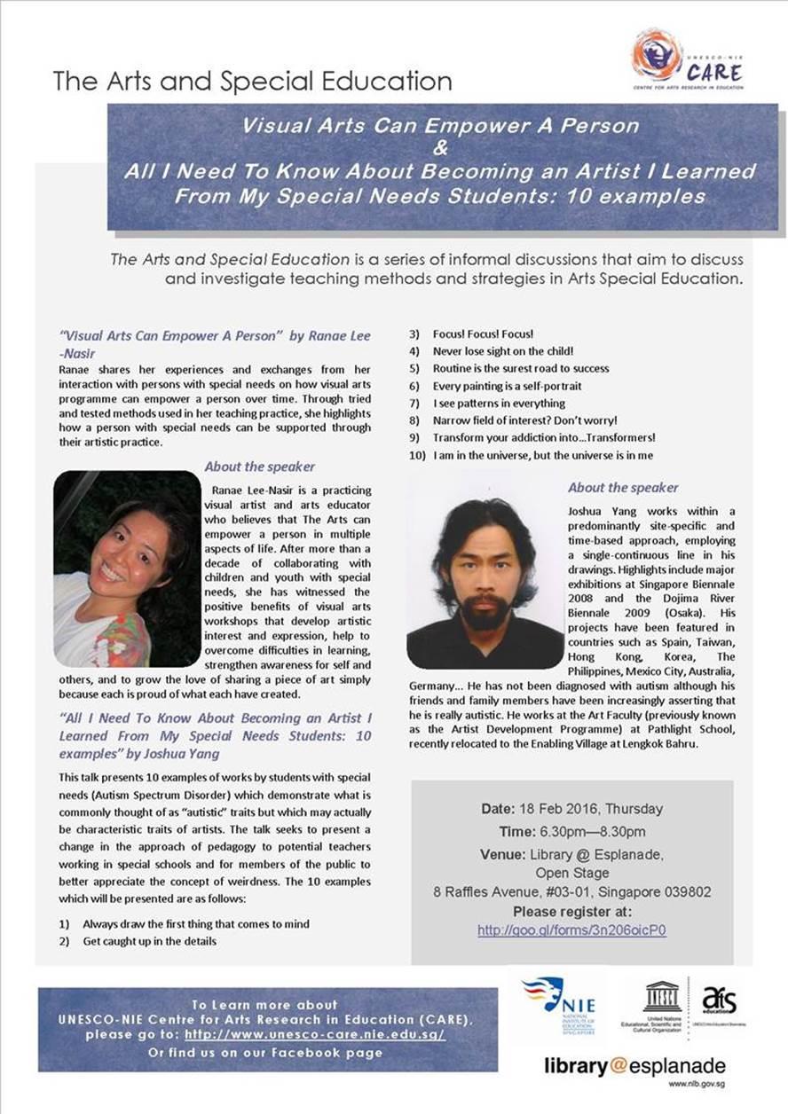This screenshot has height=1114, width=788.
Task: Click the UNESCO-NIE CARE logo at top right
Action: coord(687,59)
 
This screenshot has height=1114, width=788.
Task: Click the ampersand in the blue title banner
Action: coord(440,148)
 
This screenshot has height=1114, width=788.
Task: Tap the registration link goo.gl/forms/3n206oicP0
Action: coord(571,930)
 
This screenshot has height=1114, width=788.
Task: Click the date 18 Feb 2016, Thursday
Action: coord(571,809)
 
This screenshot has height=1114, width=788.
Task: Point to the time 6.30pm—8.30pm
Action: coord(571,831)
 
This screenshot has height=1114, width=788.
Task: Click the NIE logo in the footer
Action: coord(560,1001)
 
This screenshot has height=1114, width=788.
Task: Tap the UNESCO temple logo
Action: coord(662,997)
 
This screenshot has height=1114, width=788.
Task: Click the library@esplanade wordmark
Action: coord(634,1066)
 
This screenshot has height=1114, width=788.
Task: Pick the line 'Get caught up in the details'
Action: coord(149,941)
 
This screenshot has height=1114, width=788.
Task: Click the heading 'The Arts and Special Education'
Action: coord(252,82)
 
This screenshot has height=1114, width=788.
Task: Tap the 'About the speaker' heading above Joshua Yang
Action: coord(623,488)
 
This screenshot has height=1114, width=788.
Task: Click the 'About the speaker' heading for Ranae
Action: coord(259,467)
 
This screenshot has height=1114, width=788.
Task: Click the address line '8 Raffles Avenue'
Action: coord(571,891)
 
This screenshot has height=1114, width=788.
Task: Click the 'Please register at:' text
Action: coord(571,911)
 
